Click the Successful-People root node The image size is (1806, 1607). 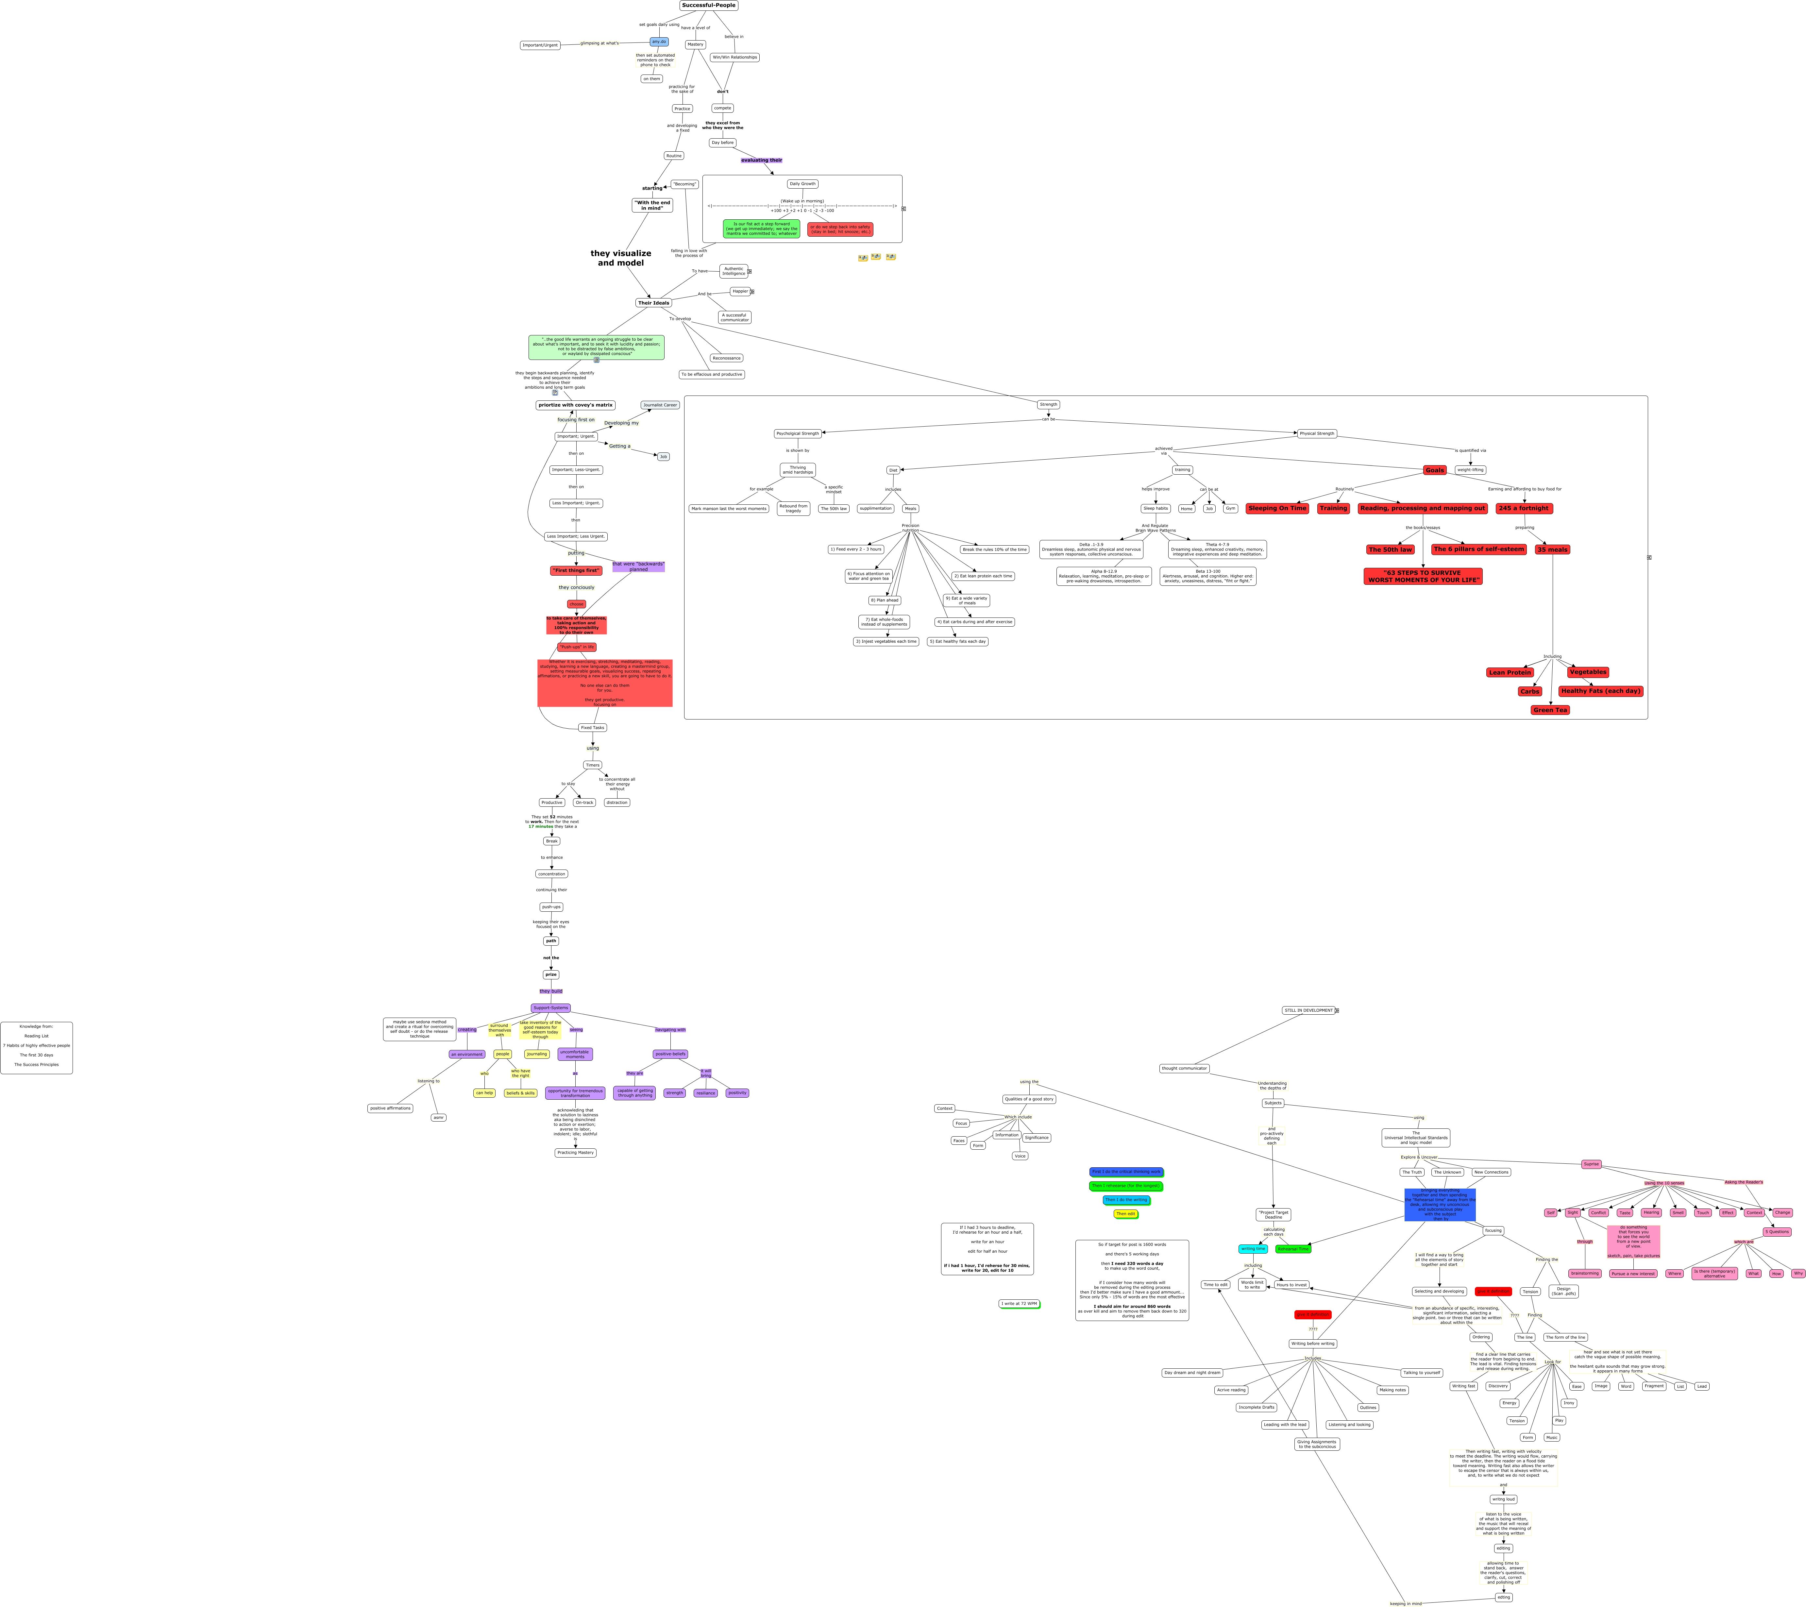pyautogui.click(x=709, y=5)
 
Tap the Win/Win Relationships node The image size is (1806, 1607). pyautogui.click(x=734, y=58)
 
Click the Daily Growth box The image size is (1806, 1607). pyautogui.click(x=802, y=184)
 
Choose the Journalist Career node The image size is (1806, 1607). pyautogui.click(x=660, y=405)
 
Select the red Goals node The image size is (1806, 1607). pyautogui.click(x=1434, y=470)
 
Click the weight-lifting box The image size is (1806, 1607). pyautogui.click(x=1470, y=470)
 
